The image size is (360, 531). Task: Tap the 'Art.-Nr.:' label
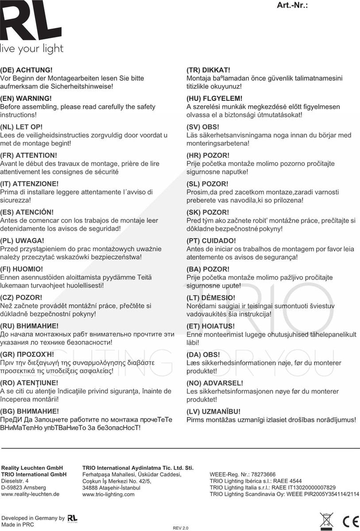coord(292,5)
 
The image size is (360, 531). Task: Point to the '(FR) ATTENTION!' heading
coord(29,155)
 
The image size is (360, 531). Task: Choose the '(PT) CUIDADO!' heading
coord(211,241)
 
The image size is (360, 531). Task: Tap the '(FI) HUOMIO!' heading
coord(22,269)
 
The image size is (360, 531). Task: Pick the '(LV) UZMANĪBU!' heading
coord(213,411)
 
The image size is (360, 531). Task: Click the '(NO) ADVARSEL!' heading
coord(215,383)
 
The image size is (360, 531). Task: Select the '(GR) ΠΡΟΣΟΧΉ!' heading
coord(27,354)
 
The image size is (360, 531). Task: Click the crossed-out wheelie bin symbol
coord(326,520)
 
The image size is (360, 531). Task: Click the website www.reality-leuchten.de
coord(30,494)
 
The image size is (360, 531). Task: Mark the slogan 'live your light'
coord(32,49)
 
